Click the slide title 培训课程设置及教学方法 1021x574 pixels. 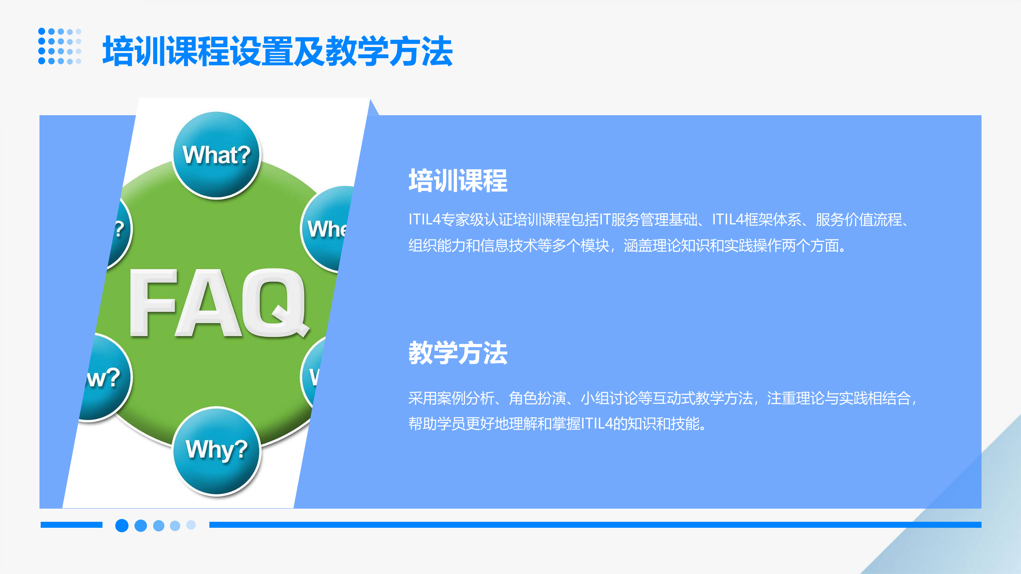(277, 51)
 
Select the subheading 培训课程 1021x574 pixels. (458, 181)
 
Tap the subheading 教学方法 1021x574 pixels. (458, 353)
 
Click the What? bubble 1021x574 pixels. (217, 155)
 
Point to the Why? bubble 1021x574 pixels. (217, 450)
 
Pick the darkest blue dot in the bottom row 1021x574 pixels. (122, 525)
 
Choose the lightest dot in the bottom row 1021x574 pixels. (191, 525)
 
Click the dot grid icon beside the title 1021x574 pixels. (60, 46)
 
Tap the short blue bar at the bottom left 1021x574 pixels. (71, 525)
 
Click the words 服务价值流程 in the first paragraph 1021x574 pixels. (858, 220)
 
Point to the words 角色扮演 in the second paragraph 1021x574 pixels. (537, 398)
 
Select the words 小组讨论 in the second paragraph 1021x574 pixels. (609, 398)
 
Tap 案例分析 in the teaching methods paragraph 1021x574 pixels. (465, 398)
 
